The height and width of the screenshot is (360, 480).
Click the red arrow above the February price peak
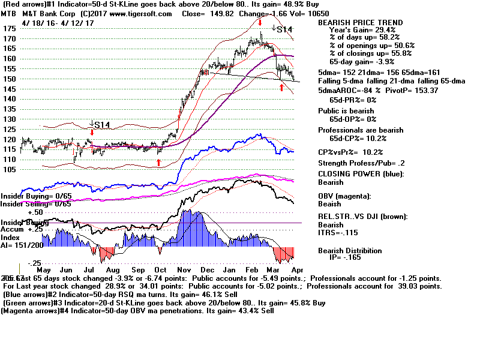[260, 22]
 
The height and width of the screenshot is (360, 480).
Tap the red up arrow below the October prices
[159, 162]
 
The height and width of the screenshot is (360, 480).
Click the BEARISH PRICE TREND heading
[361, 22]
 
